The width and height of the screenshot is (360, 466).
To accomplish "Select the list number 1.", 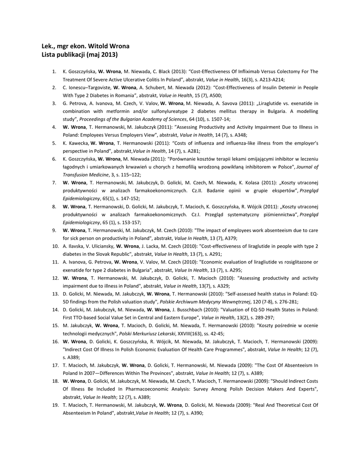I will [x=54, y=71].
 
